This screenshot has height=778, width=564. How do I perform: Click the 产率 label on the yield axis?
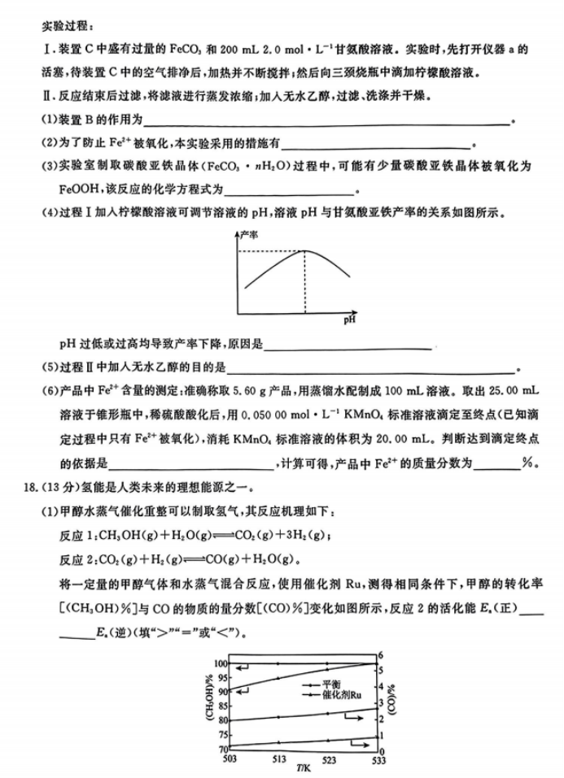point(249,233)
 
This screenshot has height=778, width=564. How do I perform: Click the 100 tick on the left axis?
point(220,664)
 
